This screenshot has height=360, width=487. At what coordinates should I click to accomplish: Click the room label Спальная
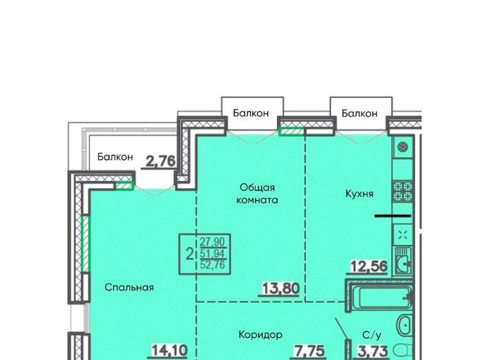pyautogui.click(x=129, y=288)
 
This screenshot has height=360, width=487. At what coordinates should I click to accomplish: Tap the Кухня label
pyautogui.click(x=359, y=194)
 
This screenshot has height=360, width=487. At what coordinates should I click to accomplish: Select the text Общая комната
pyautogui.click(x=257, y=194)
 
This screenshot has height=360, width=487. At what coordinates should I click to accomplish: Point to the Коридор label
pyautogui.click(x=260, y=335)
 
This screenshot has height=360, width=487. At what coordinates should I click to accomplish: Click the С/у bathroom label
pyautogui.click(x=372, y=335)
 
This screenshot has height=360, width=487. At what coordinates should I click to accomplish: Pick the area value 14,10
pyautogui.click(x=170, y=351)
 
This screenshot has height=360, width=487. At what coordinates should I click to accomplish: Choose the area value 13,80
pyautogui.click(x=281, y=288)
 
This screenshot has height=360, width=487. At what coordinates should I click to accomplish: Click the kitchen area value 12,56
pyautogui.click(x=369, y=266)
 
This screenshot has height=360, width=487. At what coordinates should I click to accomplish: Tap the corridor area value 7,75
pyautogui.click(x=310, y=352)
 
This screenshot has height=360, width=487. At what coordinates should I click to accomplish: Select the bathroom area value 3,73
pyautogui.click(x=373, y=352)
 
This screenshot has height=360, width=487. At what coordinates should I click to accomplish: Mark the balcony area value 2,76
pyautogui.click(x=161, y=161)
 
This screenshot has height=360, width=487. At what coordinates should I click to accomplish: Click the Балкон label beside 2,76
pyautogui.click(x=115, y=157)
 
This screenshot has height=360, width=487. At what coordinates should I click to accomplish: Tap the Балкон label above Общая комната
pyautogui.click(x=251, y=113)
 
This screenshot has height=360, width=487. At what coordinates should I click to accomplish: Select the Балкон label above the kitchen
pyautogui.click(x=359, y=113)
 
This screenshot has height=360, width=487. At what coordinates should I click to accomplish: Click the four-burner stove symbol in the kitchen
pyautogui.click(x=403, y=191)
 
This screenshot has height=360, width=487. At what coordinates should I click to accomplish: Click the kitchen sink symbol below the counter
pyautogui.click(x=403, y=261)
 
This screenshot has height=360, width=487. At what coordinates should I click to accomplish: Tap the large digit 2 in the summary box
pyautogui.click(x=189, y=253)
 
